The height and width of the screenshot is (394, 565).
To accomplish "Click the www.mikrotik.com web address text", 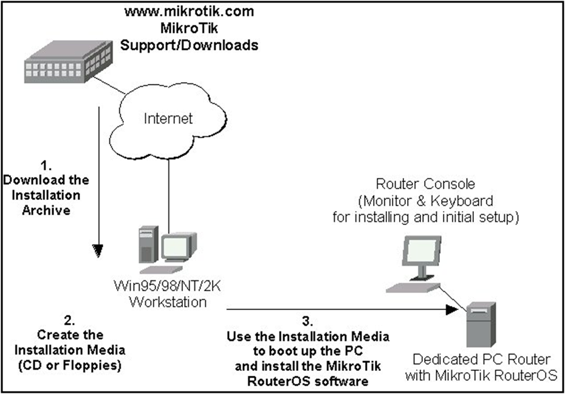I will pyautogui.click(x=189, y=11).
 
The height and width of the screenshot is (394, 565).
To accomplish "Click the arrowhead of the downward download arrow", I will pyautogui.click(x=98, y=250).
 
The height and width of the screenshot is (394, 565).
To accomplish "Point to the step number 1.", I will pyautogui.click(x=46, y=165).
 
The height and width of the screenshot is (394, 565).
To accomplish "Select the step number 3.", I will pyautogui.click(x=308, y=320).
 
